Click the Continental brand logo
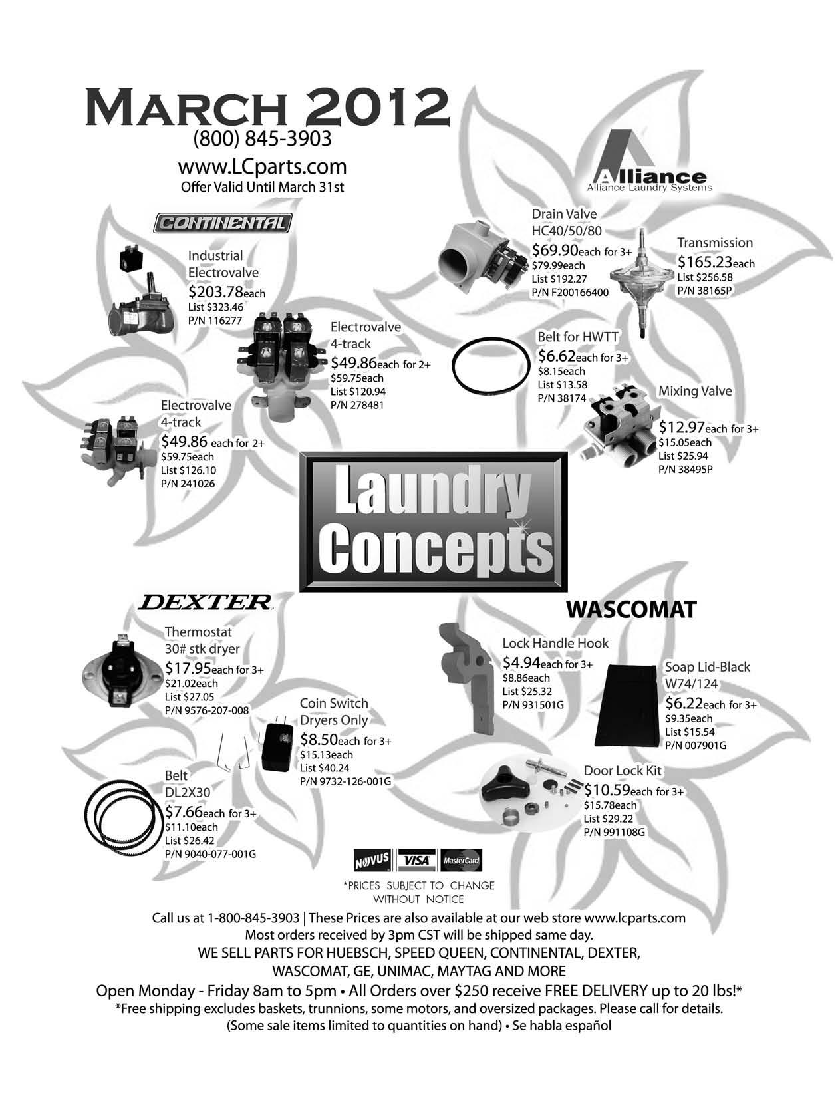click(x=222, y=223)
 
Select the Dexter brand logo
click(x=206, y=603)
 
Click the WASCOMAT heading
click(x=630, y=609)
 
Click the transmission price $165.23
click(x=705, y=262)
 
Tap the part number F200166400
click(x=570, y=293)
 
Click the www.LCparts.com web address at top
click(x=262, y=166)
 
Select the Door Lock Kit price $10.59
click(x=606, y=791)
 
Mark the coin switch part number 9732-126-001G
click(x=345, y=781)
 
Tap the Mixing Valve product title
click(x=694, y=391)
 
